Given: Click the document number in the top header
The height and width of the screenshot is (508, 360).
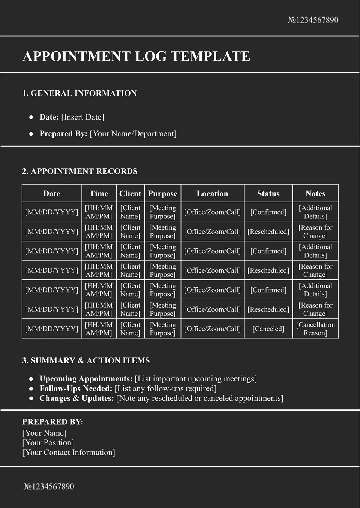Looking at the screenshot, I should click(313, 20).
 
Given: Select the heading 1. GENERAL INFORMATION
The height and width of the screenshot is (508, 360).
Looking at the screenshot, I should click(79, 93).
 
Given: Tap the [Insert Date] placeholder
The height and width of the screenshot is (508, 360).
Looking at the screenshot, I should click(82, 117).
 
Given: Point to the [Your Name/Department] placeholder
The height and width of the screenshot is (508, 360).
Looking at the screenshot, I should click(133, 134).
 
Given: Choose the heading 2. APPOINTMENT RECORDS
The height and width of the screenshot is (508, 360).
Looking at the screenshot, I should click(80, 171).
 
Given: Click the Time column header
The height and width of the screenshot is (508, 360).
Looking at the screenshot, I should click(99, 194).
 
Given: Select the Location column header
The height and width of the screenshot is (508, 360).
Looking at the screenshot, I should click(212, 194).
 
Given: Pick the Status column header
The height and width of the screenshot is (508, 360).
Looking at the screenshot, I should click(268, 194).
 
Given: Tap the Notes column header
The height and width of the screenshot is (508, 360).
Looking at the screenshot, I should click(315, 194).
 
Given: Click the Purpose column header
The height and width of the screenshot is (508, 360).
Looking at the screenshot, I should click(162, 194).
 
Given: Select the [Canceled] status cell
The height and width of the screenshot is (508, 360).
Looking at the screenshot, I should click(268, 329).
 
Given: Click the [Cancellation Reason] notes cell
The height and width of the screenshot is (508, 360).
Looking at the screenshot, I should click(315, 329).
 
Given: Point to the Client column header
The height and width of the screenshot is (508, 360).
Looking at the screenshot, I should click(130, 194).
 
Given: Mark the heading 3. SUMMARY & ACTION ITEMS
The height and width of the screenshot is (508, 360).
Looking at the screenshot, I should click(86, 360).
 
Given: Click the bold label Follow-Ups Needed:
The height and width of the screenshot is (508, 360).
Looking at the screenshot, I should click(76, 388).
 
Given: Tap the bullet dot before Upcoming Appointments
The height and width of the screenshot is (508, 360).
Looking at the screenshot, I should click(31, 379).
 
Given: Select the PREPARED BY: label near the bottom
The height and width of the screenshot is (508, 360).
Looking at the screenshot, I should click(53, 422).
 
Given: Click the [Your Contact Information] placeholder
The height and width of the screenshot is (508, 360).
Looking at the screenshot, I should click(69, 453).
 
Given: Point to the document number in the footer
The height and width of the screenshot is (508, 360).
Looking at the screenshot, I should click(49, 487).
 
